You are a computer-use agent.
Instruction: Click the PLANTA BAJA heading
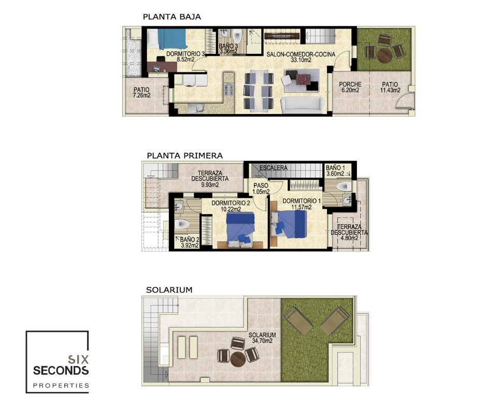(x=172, y=17)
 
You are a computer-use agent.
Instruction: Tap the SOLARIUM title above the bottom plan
(x=169, y=290)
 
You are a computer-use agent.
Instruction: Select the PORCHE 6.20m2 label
(x=350, y=87)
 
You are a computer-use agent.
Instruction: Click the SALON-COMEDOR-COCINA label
(x=301, y=54)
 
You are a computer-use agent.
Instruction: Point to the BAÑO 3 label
(x=228, y=46)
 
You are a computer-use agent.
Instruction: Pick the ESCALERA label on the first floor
(x=274, y=168)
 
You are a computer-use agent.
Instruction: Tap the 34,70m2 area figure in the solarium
(x=262, y=341)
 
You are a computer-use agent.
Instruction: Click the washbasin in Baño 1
(x=348, y=200)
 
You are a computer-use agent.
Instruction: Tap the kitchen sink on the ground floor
(x=196, y=108)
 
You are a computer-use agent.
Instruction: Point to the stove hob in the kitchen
(x=229, y=90)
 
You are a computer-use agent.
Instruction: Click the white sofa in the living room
(x=300, y=105)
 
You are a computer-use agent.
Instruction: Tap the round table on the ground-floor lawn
(x=384, y=55)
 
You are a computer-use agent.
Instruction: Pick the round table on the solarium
(x=238, y=359)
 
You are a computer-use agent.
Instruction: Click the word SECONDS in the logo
(x=61, y=370)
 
